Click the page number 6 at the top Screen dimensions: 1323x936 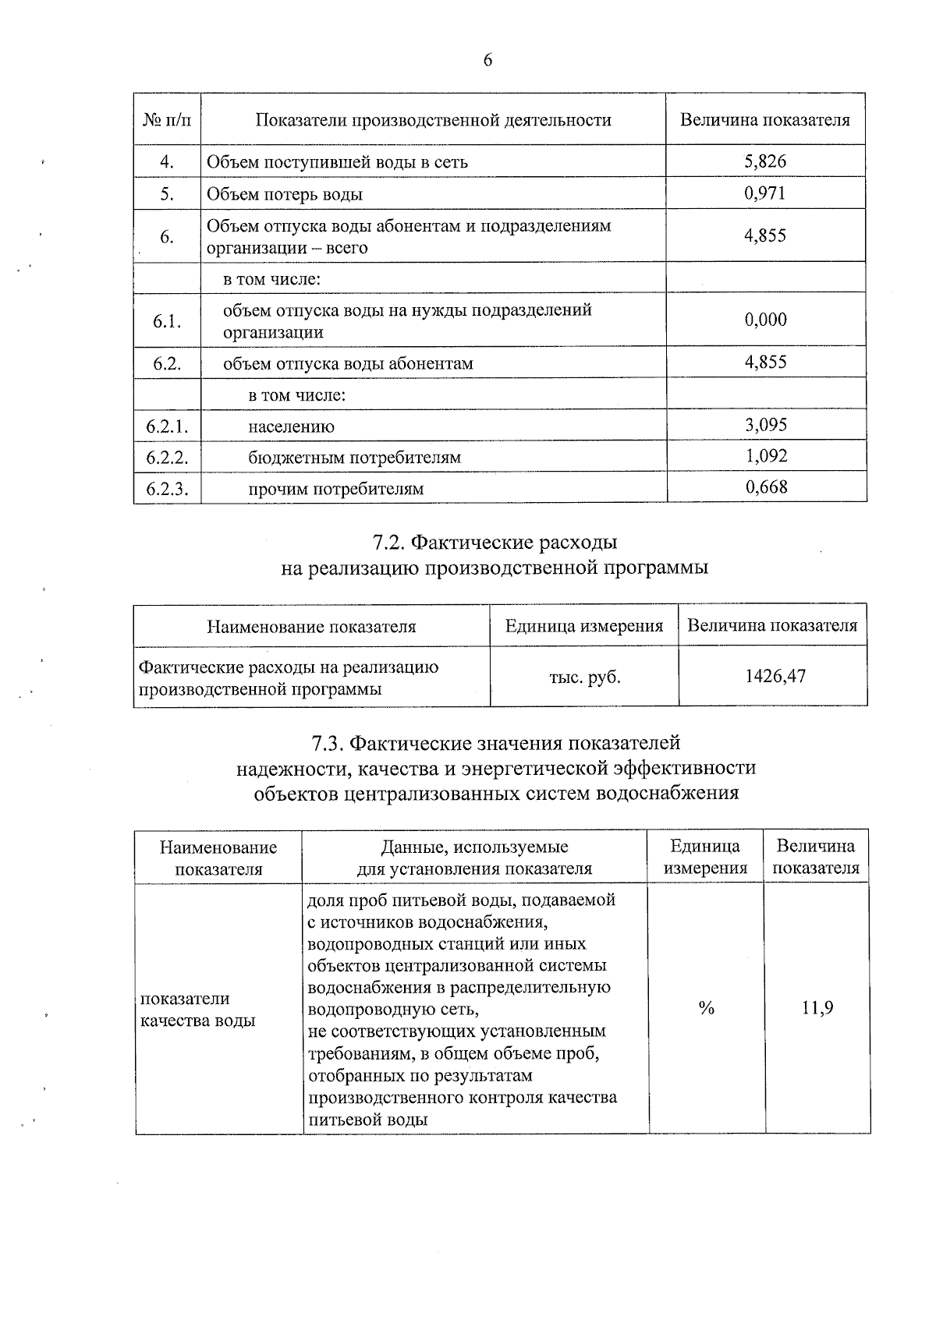click(487, 61)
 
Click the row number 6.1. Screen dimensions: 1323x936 click(167, 320)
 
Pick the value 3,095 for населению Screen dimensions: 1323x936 click(766, 425)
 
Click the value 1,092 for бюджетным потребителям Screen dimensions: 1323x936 click(766, 456)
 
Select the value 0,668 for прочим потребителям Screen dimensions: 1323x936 click(766, 488)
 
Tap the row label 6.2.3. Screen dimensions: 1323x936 click(167, 489)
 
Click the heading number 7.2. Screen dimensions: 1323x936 click(388, 542)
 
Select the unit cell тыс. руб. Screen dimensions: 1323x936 click(584, 677)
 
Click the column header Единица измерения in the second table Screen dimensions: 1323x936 click(584, 626)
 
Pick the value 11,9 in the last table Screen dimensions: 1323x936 click(817, 1008)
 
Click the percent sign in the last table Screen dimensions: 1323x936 click(706, 1009)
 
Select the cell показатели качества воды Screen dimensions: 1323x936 click(197, 1010)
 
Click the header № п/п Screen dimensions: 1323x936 click(167, 120)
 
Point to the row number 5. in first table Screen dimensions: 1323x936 click(167, 194)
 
